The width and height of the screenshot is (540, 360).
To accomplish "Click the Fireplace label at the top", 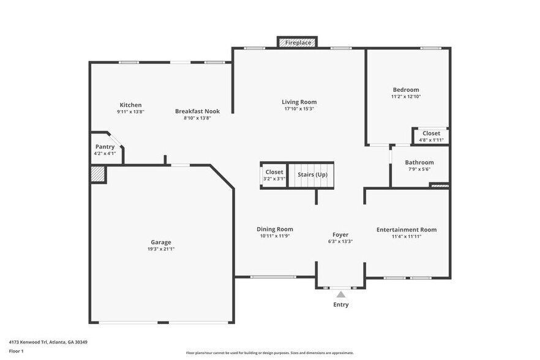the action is pos(298,43).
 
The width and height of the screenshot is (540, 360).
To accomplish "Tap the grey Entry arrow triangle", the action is pos(341,294).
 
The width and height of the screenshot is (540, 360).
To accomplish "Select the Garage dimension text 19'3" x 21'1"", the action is pos(161,249).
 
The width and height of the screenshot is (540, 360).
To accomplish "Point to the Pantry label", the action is pos(105,147).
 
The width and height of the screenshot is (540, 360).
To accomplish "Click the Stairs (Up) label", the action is pos(312,174).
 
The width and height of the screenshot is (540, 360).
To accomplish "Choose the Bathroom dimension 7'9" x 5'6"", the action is pos(419,169).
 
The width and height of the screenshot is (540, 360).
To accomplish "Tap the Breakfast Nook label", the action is pos(197,111).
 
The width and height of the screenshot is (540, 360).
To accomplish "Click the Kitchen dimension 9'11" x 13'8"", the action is pos(130,111).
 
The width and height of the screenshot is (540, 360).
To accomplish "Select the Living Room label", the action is pos(299,102).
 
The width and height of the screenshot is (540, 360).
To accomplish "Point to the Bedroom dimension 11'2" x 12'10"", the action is pos(406,97).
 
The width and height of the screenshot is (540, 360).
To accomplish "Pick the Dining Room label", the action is pos(275,229).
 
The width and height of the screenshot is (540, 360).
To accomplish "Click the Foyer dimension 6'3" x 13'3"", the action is pos(340,241).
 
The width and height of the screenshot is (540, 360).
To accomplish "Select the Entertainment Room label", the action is pos(407,230).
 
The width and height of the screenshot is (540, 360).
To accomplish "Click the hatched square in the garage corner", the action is pos(97,174).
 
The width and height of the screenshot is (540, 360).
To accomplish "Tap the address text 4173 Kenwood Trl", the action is pos(28,342).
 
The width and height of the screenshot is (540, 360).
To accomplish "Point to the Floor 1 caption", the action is pos(16,351).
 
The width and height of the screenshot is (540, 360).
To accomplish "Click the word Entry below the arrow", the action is pos(341,304).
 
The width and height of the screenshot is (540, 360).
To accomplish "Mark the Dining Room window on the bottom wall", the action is pos(273,277).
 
